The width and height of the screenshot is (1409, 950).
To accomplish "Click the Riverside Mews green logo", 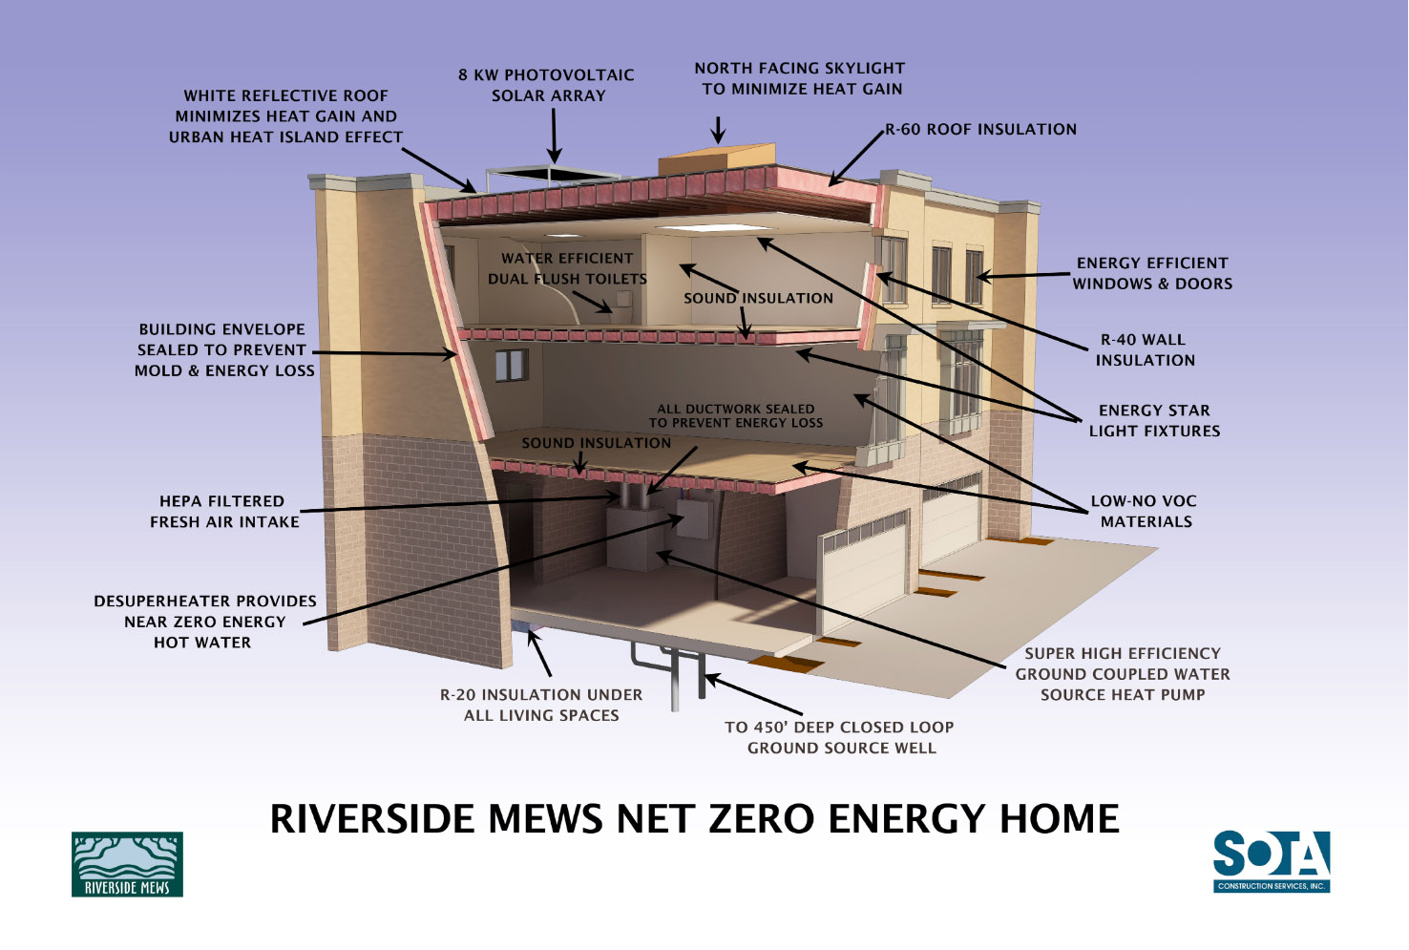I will coord(127,864).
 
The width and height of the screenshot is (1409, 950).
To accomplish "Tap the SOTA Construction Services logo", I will coord(1272,861).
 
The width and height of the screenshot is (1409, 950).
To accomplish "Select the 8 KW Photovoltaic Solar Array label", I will coord(547,85).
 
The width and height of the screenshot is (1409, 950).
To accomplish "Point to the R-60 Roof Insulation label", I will coord(980,129).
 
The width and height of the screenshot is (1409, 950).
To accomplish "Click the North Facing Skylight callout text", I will coord(800,78).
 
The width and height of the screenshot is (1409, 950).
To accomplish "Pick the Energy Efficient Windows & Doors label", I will coord(1152,273).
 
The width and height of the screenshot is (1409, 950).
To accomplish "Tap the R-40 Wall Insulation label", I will coord(1144,349).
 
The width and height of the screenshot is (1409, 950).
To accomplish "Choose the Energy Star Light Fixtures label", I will coord(1154,420).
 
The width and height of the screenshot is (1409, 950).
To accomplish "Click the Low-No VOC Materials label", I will coord(1145,511).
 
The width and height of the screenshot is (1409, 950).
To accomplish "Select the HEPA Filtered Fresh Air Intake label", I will coord(223,511).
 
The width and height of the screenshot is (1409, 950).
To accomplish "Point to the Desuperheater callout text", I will coord(204,622).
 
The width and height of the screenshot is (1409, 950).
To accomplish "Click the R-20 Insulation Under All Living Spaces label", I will coord(541,705).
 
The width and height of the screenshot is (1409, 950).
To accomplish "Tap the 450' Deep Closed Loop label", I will coord(840,737).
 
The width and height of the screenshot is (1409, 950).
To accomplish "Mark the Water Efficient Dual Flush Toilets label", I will coord(567,268).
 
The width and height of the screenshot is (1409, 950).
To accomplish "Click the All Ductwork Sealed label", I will coord(735,415).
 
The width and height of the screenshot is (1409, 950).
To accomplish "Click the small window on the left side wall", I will coord(511,365).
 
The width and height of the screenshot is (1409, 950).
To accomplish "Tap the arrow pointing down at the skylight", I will coord(718,130).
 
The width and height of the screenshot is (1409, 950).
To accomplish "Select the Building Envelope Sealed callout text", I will coord(223,349).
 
